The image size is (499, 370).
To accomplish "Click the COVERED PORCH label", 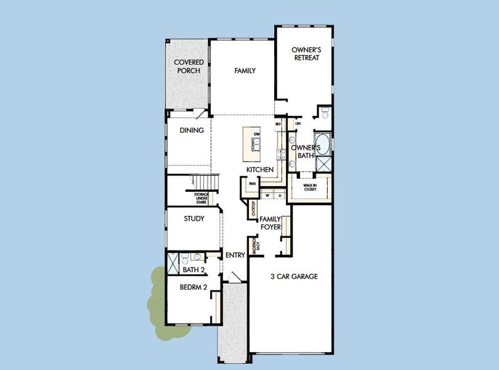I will (x=189, y=67).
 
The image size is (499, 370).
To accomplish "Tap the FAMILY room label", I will (x=245, y=71).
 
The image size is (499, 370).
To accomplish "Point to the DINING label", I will (x=192, y=130).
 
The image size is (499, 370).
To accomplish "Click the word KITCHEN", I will (x=260, y=170).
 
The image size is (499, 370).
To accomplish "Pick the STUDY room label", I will (x=193, y=218).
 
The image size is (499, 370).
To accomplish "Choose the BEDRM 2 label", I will (x=193, y=287).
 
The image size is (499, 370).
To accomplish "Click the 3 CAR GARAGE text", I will (x=294, y=277).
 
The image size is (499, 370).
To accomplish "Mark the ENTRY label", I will (x=235, y=255).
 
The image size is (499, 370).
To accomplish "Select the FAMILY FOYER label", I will (x=270, y=223).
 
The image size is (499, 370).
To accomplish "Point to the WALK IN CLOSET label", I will (x=310, y=187).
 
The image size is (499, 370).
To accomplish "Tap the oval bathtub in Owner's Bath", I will (x=323, y=143).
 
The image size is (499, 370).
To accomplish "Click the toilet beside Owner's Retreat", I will (x=325, y=112).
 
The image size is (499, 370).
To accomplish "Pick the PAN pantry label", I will (x=252, y=184).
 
